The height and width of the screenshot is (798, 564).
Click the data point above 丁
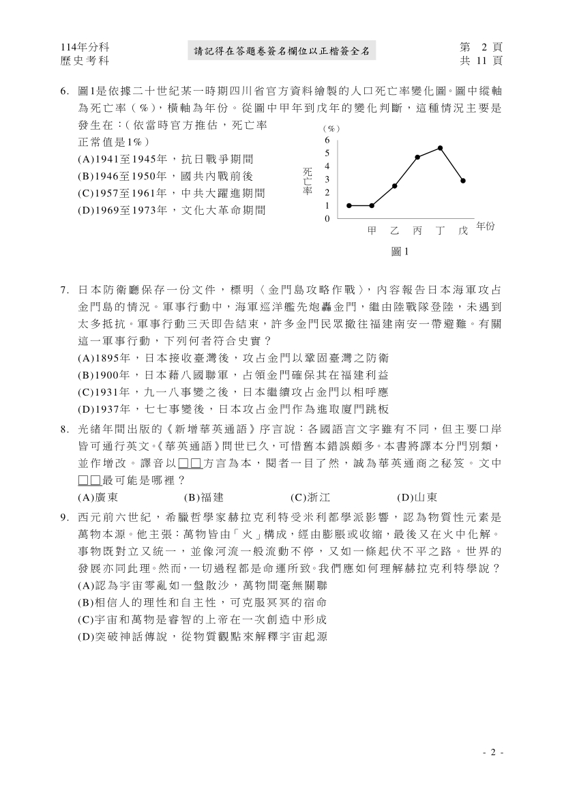click(x=441, y=148)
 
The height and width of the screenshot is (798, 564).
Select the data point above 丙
click(x=417, y=157)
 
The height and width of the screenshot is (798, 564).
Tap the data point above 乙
click(x=395, y=186)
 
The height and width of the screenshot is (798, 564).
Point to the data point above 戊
click(x=463, y=181)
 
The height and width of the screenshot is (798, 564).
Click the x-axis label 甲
click(x=372, y=231)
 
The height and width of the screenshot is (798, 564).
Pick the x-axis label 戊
click(x=463, y=231)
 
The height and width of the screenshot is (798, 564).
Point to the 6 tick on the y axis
click(x=327, y=140)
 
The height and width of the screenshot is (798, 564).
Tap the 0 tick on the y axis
click(x=327, y=219)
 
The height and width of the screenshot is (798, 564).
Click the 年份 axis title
click(x=485, y=226)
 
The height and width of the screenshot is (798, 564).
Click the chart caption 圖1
click(x=400, y=252)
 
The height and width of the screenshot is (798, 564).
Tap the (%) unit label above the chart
click(x=331, y=128)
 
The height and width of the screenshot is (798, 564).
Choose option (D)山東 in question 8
click(x=417, y=497)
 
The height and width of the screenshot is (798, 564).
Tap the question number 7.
click(x=64, y=289)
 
